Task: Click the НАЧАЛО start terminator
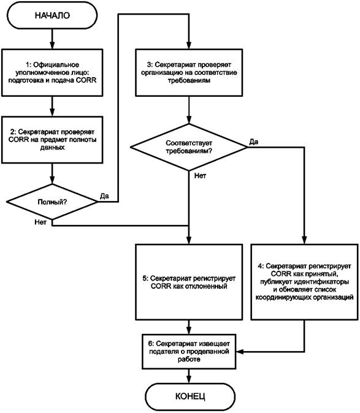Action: point(52,15)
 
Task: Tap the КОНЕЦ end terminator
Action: point(190,396)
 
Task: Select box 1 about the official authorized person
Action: point(52,72)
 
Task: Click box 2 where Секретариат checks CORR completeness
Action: point(52,140)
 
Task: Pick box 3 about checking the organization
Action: point(189,72)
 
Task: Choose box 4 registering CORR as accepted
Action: point(304,282)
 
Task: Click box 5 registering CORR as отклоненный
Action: point(189,282)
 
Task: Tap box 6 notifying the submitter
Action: point(189,351)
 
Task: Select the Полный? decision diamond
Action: point(52,202)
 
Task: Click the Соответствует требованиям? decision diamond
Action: point(189,147)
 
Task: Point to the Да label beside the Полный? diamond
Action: point(104,196)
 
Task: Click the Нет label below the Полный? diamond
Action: point(40,222)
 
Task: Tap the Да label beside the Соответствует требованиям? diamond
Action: point(254,142)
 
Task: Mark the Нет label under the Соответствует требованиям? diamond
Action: point(200,176)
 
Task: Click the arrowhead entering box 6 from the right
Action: point(240,352)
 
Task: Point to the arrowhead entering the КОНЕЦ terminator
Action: point(189,379)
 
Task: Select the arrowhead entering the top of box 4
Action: point(304,240)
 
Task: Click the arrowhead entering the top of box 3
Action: point(189,45)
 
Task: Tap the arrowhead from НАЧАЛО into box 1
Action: point(52,45)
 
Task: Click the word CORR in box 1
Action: point(86,80)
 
